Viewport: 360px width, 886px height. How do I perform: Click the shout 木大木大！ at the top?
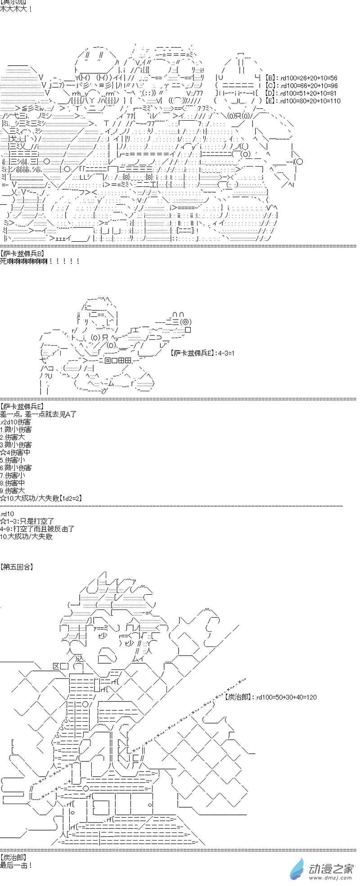coord(16,9)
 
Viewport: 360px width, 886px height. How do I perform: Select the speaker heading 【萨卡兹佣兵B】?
coord(22,253)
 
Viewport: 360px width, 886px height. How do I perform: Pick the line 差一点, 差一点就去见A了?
coord(38,414)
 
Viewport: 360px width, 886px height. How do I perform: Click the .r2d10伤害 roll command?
coord(16,422)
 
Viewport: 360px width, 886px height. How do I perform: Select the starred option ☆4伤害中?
coord(15,452)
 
